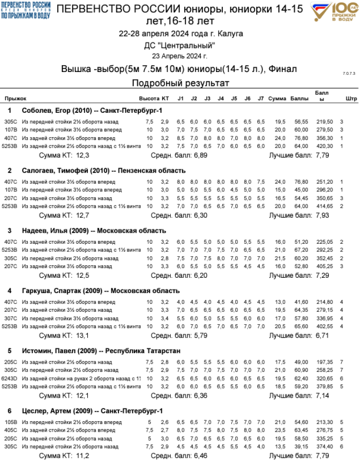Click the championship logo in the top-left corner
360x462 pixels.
(25, 10)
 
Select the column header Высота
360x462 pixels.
(149, 98)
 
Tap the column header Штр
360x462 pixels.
(351, 98)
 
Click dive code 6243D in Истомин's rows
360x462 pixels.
(10, 378)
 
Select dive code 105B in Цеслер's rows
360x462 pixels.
(10, 422)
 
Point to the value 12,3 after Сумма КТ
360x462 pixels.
(83, 155)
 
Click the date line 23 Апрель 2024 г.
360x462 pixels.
(180, 56)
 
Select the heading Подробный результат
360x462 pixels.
(180, 83)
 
